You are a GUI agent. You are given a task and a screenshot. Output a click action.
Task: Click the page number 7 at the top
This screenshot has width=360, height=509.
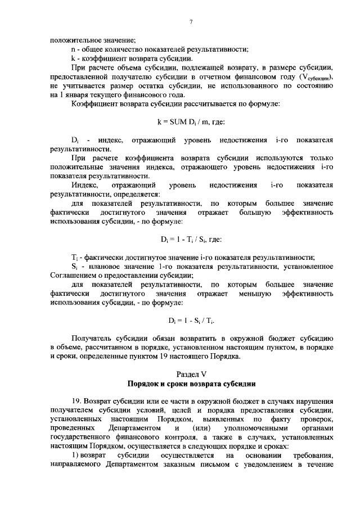click(x=191, y=22)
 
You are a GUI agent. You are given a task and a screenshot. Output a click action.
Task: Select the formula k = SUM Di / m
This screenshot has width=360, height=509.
click(x=191, y=121)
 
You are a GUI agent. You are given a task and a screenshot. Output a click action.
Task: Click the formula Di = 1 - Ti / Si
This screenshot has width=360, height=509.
click(x=191, y=239)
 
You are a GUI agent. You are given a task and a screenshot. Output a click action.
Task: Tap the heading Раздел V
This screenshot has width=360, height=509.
click(x=191, y=373)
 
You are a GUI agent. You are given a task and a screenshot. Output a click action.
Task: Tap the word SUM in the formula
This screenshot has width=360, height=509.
click(x=175, y=121)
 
